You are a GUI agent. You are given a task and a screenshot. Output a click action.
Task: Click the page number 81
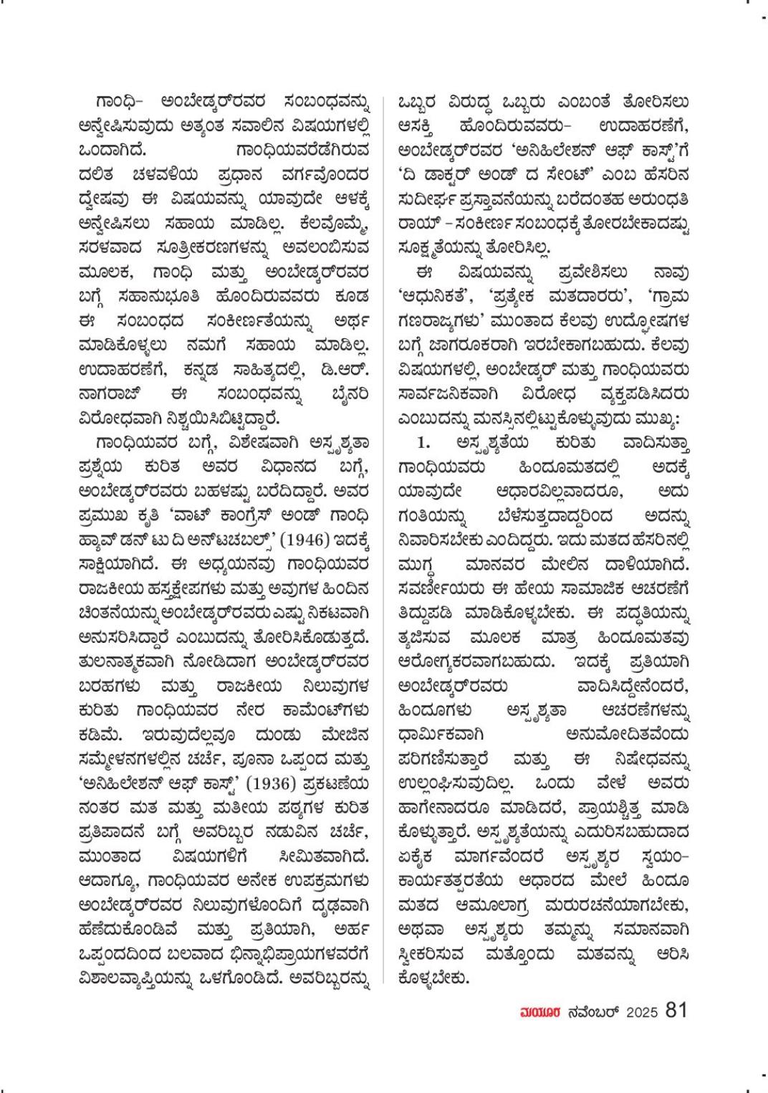pyautogui.click(x=676, y=1011)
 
